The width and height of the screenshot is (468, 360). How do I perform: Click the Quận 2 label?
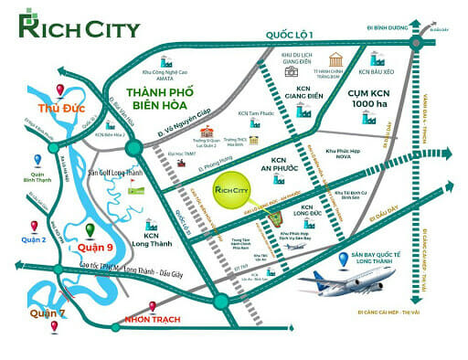click(34, 240)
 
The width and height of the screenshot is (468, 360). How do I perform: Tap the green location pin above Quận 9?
click(90, 228)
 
